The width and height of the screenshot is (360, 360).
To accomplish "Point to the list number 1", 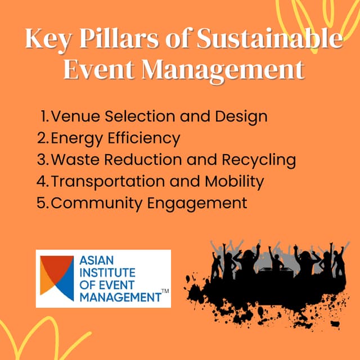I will [45, 117].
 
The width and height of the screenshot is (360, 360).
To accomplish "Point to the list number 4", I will [42, 181].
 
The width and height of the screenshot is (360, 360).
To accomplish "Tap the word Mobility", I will [231, 181].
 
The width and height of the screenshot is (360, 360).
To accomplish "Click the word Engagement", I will [197, 203].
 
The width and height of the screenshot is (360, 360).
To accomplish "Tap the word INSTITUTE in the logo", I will [105, 273].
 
